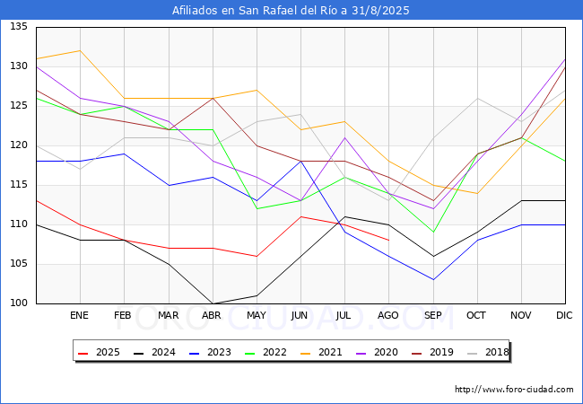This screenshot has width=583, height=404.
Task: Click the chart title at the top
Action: tap(291, 11)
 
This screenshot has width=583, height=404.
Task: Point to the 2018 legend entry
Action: tap(483, 352)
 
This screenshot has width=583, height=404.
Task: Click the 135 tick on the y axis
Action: tap(18, 27)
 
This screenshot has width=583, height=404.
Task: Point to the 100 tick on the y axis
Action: tap(18, 303)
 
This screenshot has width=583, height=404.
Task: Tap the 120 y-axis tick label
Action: tap(18, 145)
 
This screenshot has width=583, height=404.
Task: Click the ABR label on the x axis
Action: tap(212, 316)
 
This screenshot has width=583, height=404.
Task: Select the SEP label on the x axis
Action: tap(432, 316)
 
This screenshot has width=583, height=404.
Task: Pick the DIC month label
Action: tap(564, 316)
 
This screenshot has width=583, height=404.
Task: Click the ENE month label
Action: tap(80, 316)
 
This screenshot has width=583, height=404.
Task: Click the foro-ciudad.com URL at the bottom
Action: tap(514, 390)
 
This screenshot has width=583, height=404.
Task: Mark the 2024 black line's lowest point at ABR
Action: tap(213, 303)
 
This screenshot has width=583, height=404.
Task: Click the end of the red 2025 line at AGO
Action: tap(388, 240)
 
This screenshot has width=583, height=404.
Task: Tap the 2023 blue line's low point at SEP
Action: tap(432, 279)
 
